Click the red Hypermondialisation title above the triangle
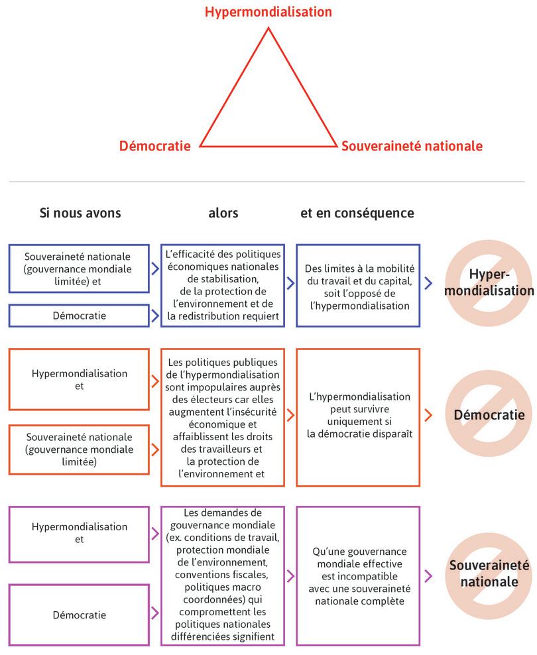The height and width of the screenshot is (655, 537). tap(268, 12)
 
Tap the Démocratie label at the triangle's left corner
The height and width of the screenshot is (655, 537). tap(154, 146)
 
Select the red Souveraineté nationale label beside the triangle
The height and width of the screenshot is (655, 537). tap(412, 146)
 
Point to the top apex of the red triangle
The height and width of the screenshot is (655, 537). tap(268, 28)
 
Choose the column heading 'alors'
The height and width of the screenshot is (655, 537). tap(223, 213)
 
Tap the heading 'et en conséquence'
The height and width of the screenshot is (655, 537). tap(357, 213)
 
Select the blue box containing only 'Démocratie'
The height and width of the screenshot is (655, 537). tap(80, 316)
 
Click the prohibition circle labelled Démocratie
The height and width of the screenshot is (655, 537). tap(488, 416)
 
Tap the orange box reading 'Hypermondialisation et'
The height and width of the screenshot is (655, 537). tap(80, 380)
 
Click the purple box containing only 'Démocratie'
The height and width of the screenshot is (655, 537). tap(80, 615)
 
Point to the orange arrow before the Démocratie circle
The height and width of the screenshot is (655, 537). tap(428, 416)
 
